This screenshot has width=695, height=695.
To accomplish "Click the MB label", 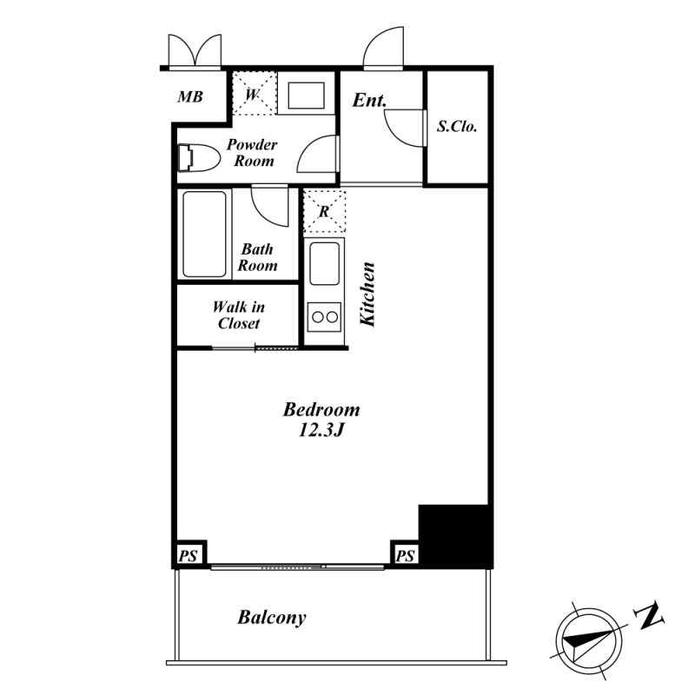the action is (190, 96).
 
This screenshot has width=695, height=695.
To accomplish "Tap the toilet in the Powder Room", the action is (199, 157).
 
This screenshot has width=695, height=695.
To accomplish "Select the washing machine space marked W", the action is (254, 94).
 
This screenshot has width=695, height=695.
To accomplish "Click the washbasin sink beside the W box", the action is (306, 95).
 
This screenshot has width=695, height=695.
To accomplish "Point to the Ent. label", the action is (369, 100).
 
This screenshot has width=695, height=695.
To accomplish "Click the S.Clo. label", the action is (457, 127).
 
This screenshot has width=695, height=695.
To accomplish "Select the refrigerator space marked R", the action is (324, 211).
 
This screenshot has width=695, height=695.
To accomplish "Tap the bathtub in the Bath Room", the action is (204, 234).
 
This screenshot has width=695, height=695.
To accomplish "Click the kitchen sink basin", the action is (324, 264).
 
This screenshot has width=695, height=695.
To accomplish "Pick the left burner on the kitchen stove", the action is (318, 317).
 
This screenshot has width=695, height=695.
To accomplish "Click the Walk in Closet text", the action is (238, 314).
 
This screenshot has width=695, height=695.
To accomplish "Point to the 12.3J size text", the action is (321, 430).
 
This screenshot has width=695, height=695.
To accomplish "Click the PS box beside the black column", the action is (405, 554).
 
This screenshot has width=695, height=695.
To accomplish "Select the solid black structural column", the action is (455, 536).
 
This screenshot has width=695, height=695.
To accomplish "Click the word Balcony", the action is (272, 618).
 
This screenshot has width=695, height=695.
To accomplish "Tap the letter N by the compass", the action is (649, 615).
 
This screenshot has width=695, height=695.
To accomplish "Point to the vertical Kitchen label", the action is (367, 295).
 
